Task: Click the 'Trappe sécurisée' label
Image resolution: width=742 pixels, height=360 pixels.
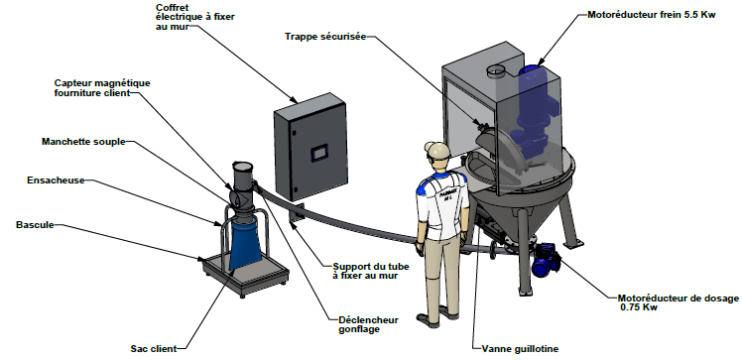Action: click(x=325, y=37)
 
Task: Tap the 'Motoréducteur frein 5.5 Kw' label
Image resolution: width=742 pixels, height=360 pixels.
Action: click(x=652, y=15)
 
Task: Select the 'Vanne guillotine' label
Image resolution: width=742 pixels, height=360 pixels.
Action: click(x=520, y=349)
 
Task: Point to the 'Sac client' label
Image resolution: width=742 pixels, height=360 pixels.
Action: click(x=154, y=349)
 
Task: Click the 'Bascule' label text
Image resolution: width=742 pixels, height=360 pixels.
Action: click(x=35, y=225)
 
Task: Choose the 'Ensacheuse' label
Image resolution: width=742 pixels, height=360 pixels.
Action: click(x=56, y=180)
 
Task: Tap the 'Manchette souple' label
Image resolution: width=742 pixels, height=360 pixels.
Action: click(x=83, y=142)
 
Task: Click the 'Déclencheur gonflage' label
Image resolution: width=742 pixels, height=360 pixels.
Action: click(x=369, y=324)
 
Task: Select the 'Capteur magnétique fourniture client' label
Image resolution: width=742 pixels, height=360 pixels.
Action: click(x=102, y=88)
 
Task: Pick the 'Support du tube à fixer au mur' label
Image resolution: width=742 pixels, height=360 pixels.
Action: click(x=371, y=271)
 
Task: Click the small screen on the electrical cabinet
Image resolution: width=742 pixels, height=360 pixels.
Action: click(x=318, y=153)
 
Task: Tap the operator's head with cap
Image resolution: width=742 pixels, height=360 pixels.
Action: click(x=436, y=153)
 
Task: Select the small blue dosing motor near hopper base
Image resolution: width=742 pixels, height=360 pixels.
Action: click(x=546, y=260)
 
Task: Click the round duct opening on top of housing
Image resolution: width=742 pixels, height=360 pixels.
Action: click(x=496, y=71)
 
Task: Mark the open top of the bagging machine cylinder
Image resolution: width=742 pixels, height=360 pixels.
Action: click(x=243, y=167)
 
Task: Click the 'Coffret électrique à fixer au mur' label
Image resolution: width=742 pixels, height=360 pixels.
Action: click(x=195, y=17)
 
